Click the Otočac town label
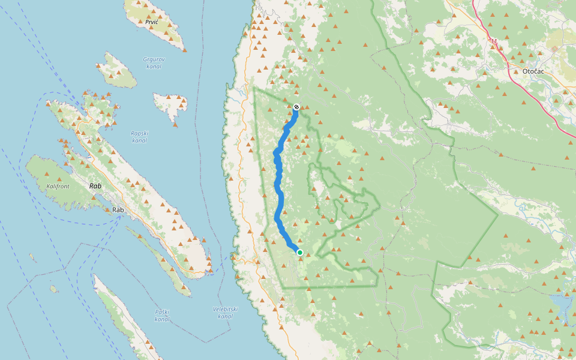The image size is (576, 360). point(528,71)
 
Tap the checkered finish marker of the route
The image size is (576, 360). point(296,107)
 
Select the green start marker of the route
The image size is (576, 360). point(300,253)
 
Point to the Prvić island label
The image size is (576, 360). point(152,22)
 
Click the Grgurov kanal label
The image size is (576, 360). point(154,62)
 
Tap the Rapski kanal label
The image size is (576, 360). point(140,137)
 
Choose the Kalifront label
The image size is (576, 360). point(58,187)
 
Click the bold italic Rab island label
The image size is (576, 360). point(95,186)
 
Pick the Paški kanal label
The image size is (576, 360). point(162,316)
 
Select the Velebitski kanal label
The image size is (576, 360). point(225,313)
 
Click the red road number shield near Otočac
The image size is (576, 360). point(494,41)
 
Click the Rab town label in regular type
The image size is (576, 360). point(118,210)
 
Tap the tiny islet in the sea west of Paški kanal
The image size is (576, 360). point(53,289)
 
